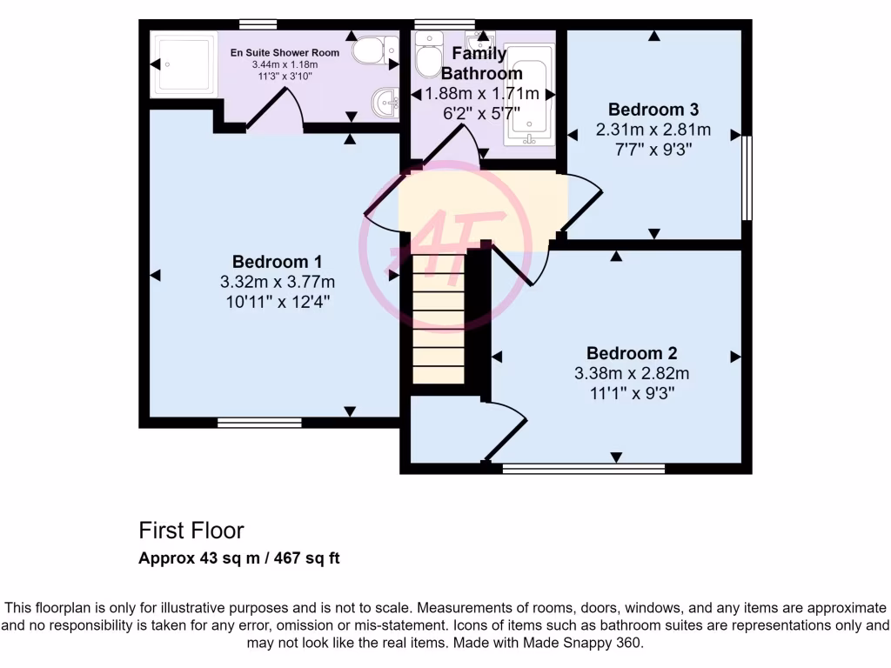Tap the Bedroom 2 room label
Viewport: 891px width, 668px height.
pos(632,353)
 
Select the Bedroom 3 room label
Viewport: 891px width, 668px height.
pos(653,110)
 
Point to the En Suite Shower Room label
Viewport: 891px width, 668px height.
pos(285,53)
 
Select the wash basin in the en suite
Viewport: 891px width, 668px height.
pos(384,102)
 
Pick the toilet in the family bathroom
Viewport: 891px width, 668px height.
pos(427,56)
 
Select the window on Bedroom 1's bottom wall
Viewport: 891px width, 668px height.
pos(259,423)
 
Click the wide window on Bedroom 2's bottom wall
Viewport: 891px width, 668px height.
pos(584,469)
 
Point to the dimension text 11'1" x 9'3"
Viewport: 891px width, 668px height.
pos(632,393)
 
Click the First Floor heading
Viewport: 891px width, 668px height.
pos(191,531)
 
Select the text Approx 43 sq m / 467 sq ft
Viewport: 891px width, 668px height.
pos(239,558)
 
